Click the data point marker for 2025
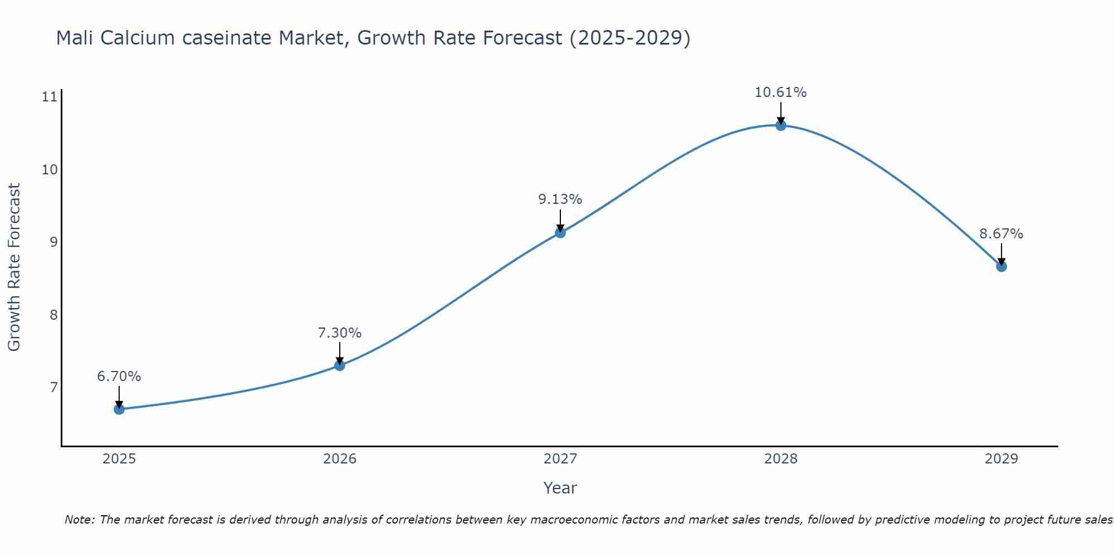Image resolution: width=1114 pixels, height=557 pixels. click(x=119, y=409)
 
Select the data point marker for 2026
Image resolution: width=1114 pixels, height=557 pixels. click(x=340, y=365)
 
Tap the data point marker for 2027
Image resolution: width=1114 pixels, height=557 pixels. click(x=560, y=232)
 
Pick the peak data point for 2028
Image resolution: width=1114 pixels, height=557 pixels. click(x=781, y=125)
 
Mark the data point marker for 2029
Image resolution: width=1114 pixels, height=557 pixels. click(x=1001, y=266)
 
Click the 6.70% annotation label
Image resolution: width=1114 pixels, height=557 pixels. click(x=119, y=377)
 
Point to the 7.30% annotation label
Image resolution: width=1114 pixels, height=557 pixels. click(x=340, y=333)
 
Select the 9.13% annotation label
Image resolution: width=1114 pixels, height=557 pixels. click(x=560, y=199)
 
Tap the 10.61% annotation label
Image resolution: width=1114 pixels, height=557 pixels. click(x=781, y=92)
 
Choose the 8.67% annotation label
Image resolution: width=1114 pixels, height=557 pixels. click(x=1001, y=234)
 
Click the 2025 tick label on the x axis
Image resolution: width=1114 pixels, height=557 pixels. click(x=119, y=459)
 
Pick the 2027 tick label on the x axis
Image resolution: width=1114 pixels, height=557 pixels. click(x=560, y=459)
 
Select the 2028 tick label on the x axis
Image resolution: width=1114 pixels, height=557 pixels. click(x=781, y=459)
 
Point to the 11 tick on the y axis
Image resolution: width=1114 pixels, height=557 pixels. click(x=50, y=97)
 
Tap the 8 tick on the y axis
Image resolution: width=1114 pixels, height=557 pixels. click(x=53, y=315)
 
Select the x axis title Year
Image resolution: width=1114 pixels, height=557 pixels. click(x=560, y=488)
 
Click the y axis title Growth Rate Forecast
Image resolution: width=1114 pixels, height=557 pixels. click(x=14, y=267)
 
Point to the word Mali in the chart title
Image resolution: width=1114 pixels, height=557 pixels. click(x=76, y=38)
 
